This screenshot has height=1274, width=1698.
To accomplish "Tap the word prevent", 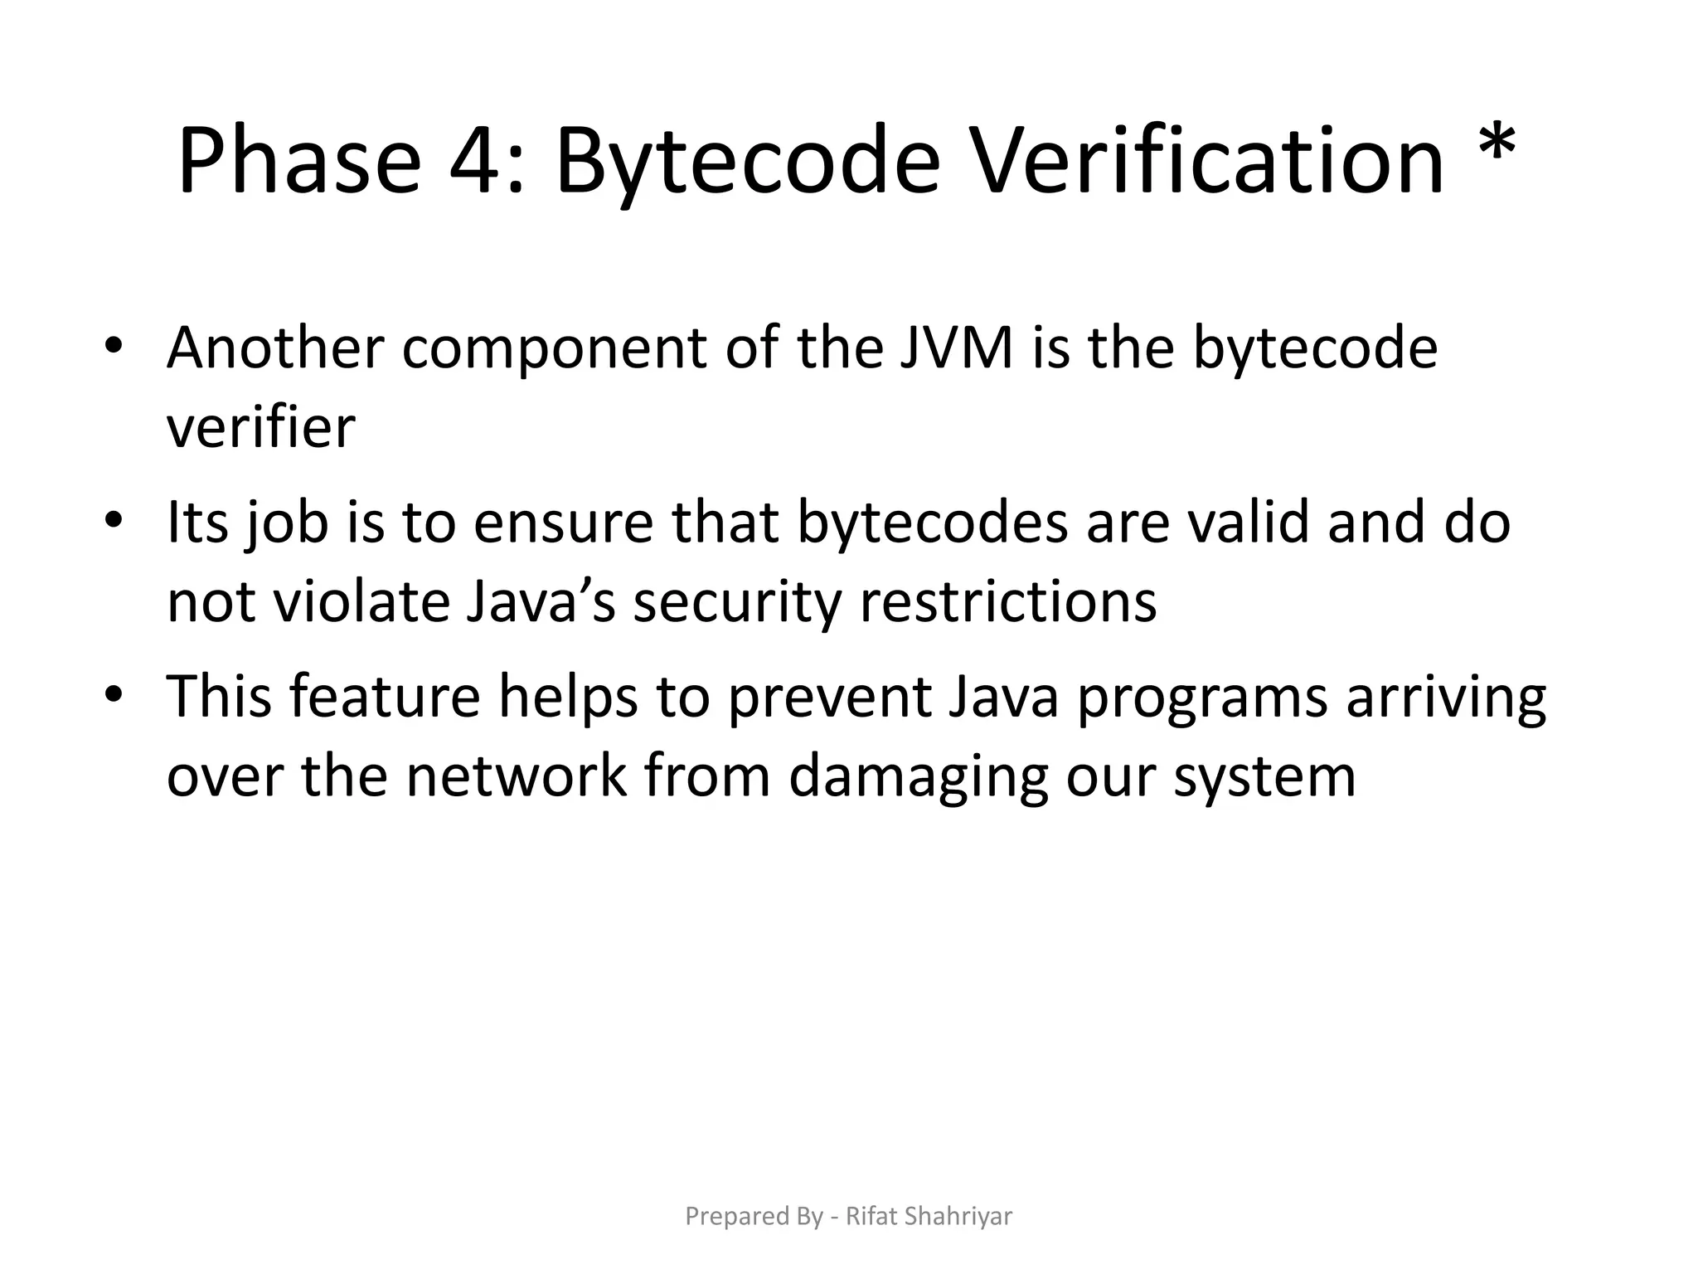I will click(x=829, y=697).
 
